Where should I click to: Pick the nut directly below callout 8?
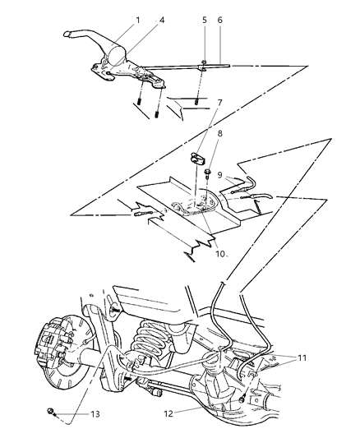point(210,173)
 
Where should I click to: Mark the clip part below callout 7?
point(198,158)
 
